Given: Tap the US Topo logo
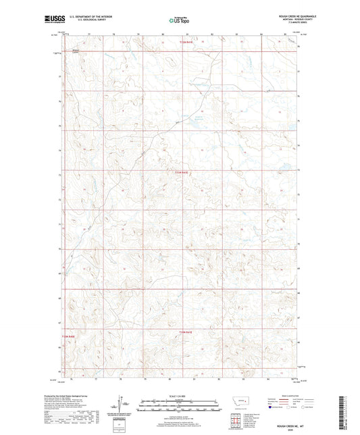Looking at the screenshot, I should tap(176, 21).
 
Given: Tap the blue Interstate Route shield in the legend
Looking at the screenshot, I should tap(272, 408).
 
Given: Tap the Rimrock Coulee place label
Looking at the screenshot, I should tap(76, 51).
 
